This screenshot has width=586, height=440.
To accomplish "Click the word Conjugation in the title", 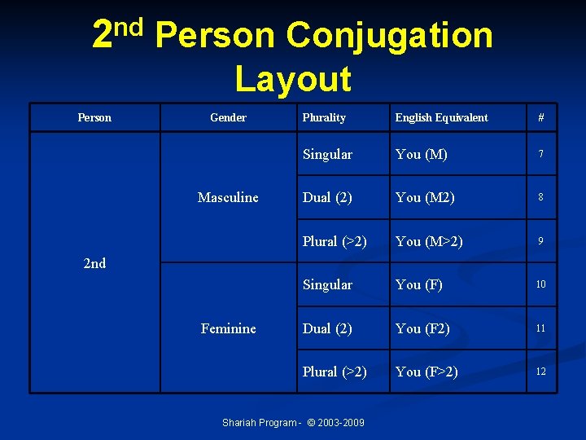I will pyautogui.click(x=390, y=35).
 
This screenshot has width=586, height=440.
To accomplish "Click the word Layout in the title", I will pyautogui.click(x=293, y=79).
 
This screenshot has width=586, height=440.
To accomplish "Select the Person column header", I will pyautogui.click(x=94, y=117).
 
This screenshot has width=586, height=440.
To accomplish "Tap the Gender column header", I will pyautogui.click(x=228, y=117).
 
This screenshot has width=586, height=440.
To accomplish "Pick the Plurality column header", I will pyautogui.click(x=324, y=117).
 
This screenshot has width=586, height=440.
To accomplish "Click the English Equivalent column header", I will pyautogui.click(x=441, y=117).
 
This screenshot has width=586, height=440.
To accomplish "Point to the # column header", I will pyautogui.click(x=540, y=117).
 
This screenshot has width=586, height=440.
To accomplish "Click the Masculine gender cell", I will pyautogui.click(x=228, y=197).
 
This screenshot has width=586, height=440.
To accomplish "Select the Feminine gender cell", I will pyautogui.click(x=228, y=328).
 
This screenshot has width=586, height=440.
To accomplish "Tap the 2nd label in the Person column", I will pyautogui.click(x=94, y=263).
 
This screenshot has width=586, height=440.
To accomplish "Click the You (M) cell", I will pyautogui.click(x=421, y=154).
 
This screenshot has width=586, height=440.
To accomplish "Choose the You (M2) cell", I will pyautogui.click(x=425, y=197).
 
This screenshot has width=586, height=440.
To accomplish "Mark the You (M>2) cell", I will pyautogui.click(x=429, y=241).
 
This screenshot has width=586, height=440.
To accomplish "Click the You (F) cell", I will pyautogui.click(x=419, y=284).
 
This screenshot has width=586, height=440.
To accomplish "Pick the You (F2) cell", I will pyautogui.click(x=423, y=328).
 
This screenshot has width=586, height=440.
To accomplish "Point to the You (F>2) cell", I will pyautogui.click(x=426, y=372).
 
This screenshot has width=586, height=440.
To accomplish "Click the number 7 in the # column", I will pyautogui.click(x=540, y=154).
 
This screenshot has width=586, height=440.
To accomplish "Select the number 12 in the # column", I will pyautogui.click(x=540, y=372).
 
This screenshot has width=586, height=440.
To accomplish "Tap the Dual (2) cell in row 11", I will pyautogui.click(x=327, y=328).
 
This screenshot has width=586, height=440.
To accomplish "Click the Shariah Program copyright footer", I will pyautogui.click(x=293, y=422).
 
